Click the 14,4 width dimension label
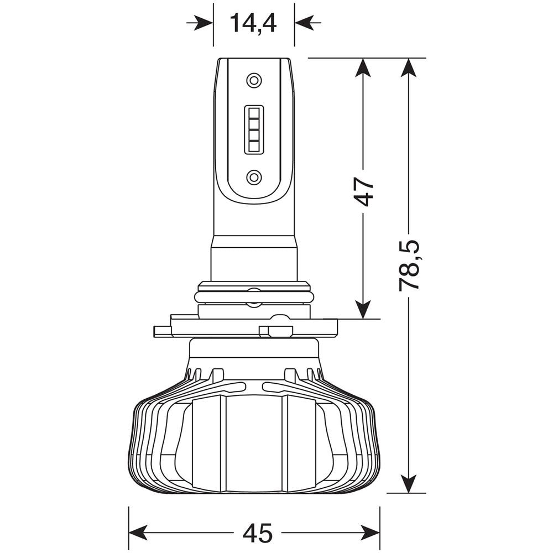[x=253, y=23]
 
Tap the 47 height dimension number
[x=364, y=191]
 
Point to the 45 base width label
[x=258, y=533]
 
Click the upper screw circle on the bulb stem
[x=253, y=80]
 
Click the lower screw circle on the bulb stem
[x=253, y=177]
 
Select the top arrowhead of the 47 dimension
[x=363, y=67]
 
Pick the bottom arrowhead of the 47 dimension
[x=363, y=310]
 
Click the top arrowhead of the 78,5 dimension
[x=409, y=67]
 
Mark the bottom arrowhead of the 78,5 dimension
[x=409, y=484]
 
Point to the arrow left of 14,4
[x=201, y=23]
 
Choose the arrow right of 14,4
[x=306, y=23]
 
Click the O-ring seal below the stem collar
[x=253, y=297]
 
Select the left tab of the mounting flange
[x=161, y=331]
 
